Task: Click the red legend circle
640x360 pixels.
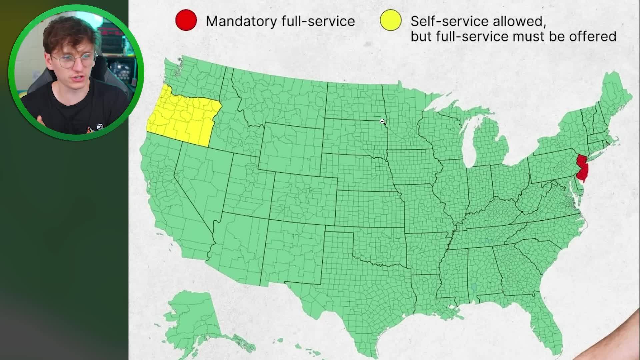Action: coord(186,20)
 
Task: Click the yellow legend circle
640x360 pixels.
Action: coord(391,20)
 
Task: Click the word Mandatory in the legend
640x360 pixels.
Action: coord(241,21)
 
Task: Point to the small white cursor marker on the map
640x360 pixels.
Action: coord(382,121)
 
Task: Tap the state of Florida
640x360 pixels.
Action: coord(547,320)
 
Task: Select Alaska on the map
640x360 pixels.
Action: coord(193,317)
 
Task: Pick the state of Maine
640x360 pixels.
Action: coord(617,97)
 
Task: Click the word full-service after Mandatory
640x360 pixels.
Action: coord(318,21)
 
